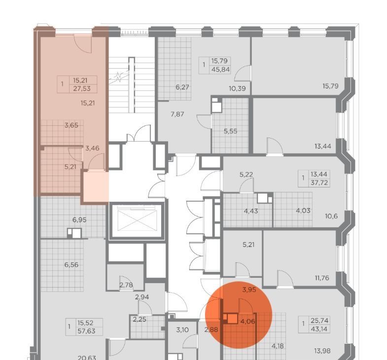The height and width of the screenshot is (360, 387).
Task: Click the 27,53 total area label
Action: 82,88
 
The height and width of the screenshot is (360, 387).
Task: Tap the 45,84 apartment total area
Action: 221,70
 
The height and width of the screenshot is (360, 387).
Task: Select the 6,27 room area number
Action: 182,87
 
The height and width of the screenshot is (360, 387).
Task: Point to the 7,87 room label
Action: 177,114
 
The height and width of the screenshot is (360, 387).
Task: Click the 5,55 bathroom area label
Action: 231,131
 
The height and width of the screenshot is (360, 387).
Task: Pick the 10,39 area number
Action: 237,88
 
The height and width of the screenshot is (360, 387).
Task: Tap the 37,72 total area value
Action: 319,183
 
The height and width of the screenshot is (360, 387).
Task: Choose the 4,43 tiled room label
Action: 251,211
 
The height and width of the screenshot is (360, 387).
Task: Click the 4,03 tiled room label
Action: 303,211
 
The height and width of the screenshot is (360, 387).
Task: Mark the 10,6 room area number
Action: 331,216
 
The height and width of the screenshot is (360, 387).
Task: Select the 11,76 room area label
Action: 322,278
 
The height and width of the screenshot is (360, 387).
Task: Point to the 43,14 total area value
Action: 319,329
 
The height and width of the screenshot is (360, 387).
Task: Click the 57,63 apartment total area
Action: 86,331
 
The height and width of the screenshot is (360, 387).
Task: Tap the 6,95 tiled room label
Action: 79,220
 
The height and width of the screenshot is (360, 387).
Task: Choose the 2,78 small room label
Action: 126,285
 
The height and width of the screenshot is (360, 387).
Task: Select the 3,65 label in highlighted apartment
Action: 71,125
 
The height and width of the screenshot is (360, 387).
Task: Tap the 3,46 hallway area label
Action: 92,148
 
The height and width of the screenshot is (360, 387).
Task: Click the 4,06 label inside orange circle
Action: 247,322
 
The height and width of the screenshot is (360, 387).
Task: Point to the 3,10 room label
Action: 182,330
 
